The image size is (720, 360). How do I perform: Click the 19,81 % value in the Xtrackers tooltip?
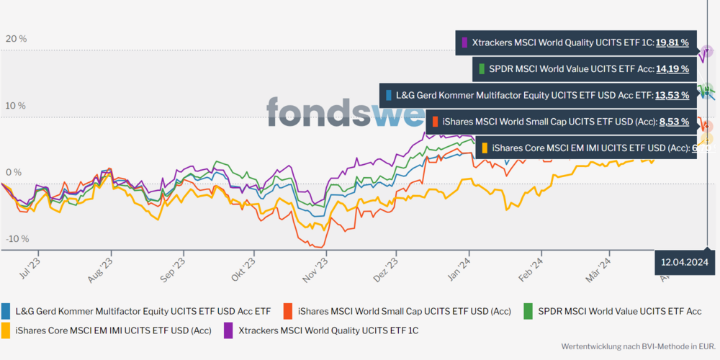coord(672,42)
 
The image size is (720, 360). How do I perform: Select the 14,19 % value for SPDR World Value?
coord(672,69)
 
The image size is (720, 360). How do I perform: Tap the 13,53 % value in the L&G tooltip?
coord(672,94)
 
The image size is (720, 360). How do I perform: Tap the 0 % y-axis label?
coord(14,173)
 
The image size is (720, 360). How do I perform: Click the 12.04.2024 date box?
coord(685,261)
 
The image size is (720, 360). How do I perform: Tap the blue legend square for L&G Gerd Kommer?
coord(6,311)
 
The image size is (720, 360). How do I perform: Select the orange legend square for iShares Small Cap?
coord(289,311)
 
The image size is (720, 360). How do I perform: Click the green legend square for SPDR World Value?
coord(528,311)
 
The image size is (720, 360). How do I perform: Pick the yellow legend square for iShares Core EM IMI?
coord(6,330)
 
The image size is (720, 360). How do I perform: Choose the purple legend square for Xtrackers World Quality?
coord(228,330)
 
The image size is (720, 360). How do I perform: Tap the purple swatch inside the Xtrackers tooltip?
coord(465,42)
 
